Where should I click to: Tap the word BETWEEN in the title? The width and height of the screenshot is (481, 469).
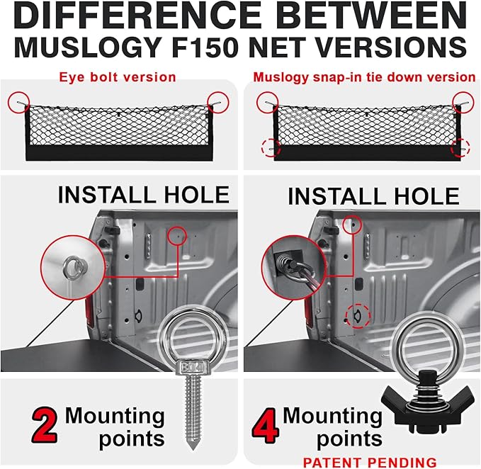pos(372,16)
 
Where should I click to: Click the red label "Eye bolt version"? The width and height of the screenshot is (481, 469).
pos(118,77)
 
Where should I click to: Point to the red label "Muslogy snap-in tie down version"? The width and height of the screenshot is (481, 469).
pos(364,77)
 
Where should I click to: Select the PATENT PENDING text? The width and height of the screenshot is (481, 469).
pos(370,462)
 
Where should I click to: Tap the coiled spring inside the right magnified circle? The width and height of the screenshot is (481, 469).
pos(283,263)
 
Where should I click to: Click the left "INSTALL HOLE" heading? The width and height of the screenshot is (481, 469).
pos(144,195)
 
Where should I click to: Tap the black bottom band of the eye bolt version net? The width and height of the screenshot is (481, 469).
pos(119,153)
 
